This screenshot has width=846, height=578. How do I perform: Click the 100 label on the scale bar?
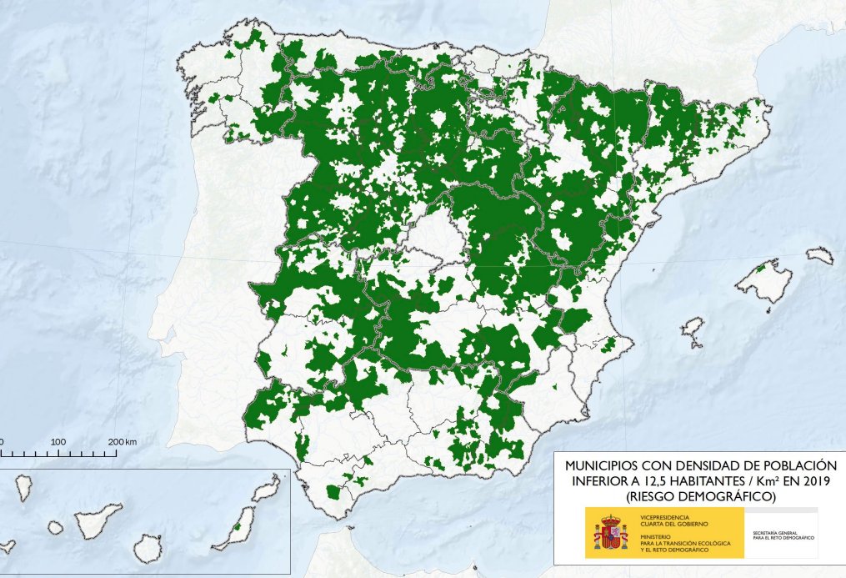coord(58,440)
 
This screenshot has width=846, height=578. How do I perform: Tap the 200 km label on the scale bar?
coord(122,440)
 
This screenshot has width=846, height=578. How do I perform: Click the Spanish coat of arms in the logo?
coord(610,532)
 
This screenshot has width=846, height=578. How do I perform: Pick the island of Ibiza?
coord(691,328)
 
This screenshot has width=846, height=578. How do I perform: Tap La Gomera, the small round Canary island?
coord(55,528)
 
